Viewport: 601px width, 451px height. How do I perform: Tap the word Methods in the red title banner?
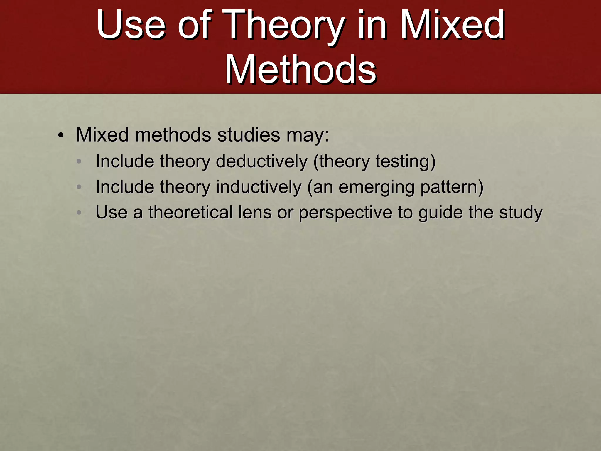(300, 70)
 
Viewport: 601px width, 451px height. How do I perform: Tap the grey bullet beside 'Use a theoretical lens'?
(79, 212)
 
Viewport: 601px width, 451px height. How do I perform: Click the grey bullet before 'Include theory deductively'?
(79, 161)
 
